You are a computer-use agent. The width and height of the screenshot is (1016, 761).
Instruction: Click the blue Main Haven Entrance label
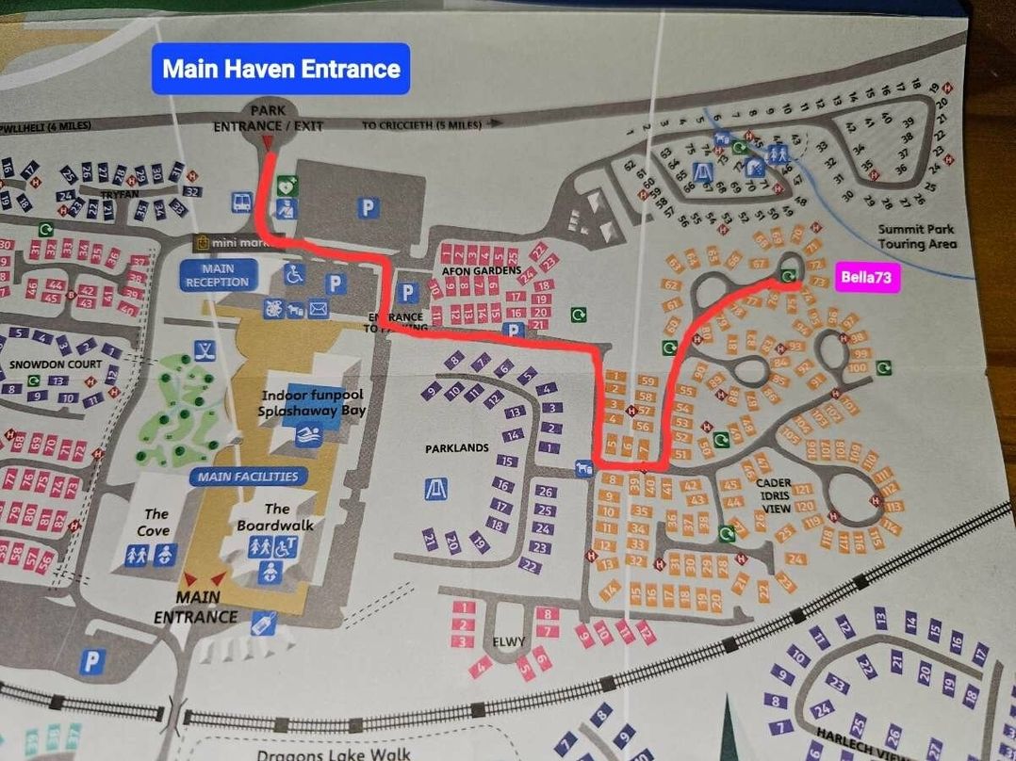pyautogui.click(x=281, y=69)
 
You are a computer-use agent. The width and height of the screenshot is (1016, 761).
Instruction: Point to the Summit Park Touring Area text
pyautogui.click(x=916, y=236)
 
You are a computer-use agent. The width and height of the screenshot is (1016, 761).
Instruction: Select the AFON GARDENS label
pyautogui.click(x=482, y=270)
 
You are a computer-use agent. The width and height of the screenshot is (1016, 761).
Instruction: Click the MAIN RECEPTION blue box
pyautogui.click(x=217, y=274)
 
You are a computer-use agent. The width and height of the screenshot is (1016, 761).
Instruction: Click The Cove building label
pyautogui.click(x=156, y=522)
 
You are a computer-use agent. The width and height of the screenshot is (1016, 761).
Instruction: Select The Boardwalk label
pyautogui.click(x=275, y=516)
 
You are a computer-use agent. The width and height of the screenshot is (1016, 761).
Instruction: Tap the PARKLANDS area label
pyautogui.click(x=456, y=448)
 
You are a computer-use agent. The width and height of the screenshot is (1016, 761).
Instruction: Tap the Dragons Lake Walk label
pyautogui.click(x=333, y=753)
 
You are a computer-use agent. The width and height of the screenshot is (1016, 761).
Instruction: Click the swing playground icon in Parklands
pyautogui.click(x=435, y=489)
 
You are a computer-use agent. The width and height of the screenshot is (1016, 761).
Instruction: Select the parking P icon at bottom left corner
pyautogui.click(x=91, y=662)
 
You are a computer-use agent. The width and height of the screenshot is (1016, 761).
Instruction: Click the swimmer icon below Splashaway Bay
pyautogui.click(x=306, y=434)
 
